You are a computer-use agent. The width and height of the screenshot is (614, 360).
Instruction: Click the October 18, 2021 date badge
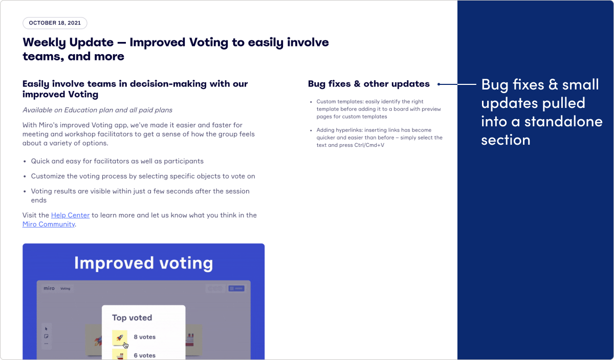point(55,23)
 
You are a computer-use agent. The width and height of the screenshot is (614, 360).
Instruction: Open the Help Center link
point(70,215)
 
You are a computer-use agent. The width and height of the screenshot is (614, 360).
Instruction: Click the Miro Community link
point(49,224)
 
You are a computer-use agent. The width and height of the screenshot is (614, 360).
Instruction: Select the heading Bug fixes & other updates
point(368,84)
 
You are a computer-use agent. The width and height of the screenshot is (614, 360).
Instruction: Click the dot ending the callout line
point(439,84)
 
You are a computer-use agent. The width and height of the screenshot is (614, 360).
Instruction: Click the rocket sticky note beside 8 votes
point(120,337)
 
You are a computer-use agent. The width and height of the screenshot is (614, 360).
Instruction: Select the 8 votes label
point(144,337)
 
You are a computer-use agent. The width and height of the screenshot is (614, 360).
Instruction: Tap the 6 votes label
point(144,355)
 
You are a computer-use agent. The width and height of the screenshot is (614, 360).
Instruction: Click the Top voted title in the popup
point(132,318)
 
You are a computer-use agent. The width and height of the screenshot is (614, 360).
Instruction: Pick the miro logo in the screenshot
point(49,288)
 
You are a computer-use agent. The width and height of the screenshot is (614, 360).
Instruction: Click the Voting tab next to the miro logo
point(65,288)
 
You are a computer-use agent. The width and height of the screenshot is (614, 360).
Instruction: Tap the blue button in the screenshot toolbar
point(236,288)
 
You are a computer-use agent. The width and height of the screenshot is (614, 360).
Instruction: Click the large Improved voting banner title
point(143,263)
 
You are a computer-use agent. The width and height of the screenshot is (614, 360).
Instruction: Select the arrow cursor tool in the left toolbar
point(46,328)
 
